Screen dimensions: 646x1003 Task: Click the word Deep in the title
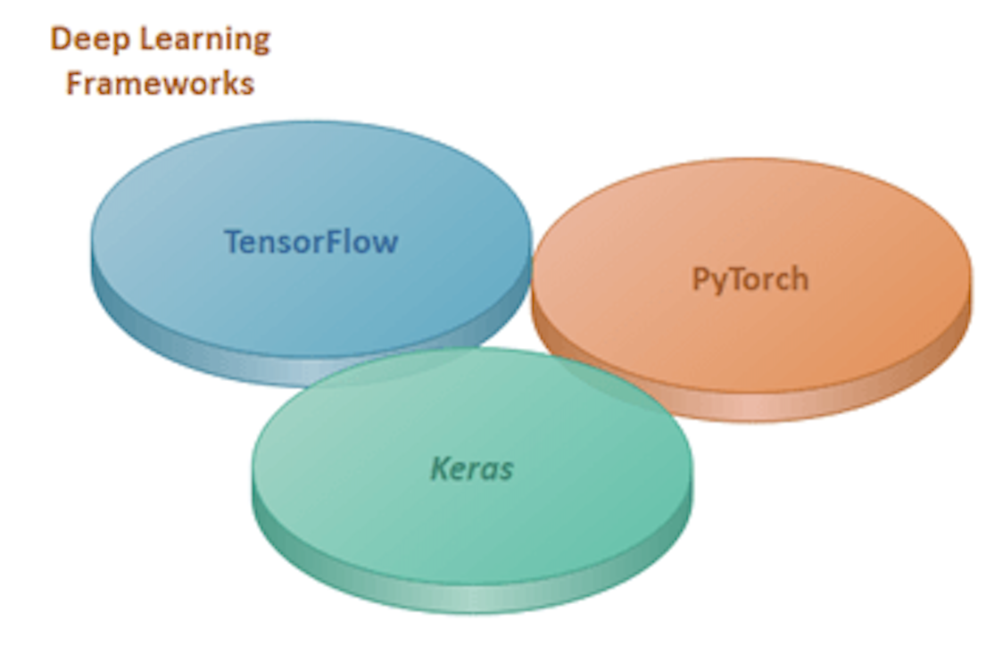coord(85,40)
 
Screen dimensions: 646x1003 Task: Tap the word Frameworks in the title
coord(161,83)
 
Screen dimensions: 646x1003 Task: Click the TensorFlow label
coord(311,241)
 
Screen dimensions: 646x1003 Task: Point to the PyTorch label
coord(750,278)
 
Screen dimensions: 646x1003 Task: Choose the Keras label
coord(472,468)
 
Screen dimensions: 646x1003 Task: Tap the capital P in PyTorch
coord(700,278)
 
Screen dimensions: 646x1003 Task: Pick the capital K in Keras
coord(441,468)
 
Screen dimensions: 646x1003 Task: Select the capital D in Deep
coord(59,40)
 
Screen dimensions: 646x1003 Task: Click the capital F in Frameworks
coord(75,83)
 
